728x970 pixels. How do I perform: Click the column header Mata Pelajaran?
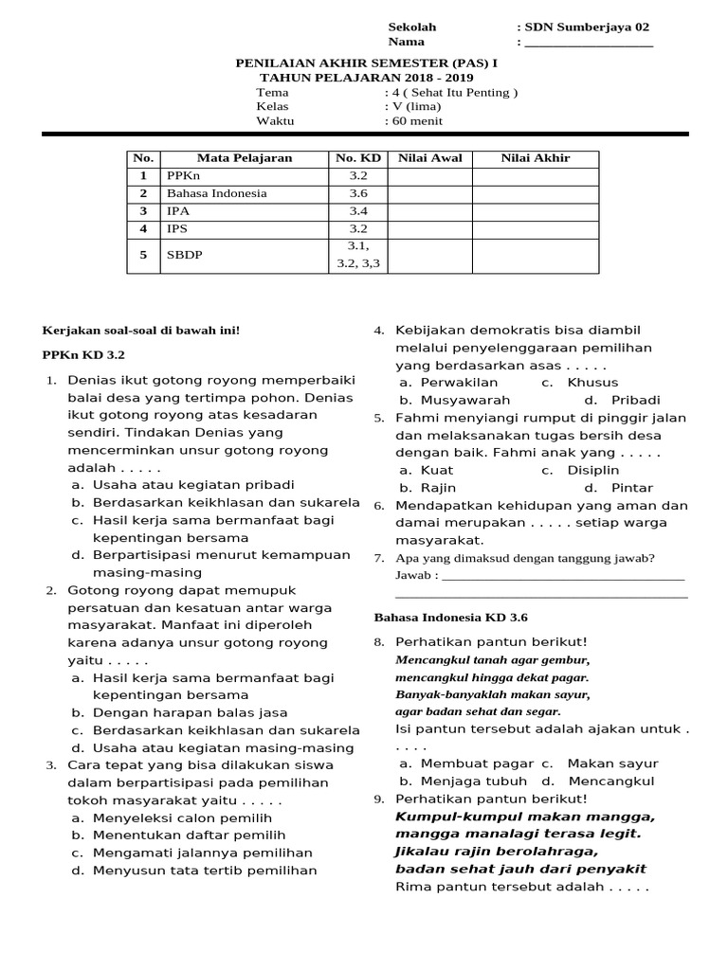tap(244, 158)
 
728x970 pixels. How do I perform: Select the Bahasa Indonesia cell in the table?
tap(216, 193)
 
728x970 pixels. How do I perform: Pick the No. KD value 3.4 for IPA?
tap(357, 211)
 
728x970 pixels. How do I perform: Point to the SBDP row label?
tap(185, 255)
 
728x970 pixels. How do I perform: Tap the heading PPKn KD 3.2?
tap(83, 354)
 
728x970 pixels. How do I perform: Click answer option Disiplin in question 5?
tap(592, 470)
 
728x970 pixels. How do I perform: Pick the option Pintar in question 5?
tap(632, 488)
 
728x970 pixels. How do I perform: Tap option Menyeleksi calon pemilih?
tap(182, 817)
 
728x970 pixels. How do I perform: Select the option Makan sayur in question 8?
tap(612, 763)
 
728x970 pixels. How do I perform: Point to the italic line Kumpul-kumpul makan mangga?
tap(524, 817)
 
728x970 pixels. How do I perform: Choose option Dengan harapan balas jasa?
tap(190, 712)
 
